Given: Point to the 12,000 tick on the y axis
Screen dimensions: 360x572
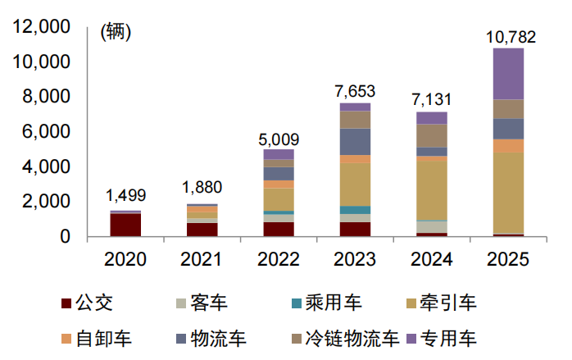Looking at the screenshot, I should pyautogui.click(x=41, y=27).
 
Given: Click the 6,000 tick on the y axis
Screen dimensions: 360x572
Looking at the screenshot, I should pyautogui.click(x=47, y=132).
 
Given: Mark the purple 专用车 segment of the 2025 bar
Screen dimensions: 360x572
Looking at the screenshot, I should pyautogui.click(x=507, y=74).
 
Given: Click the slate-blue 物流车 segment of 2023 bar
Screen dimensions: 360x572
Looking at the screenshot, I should pyautogui.click(x=355, y=141).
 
